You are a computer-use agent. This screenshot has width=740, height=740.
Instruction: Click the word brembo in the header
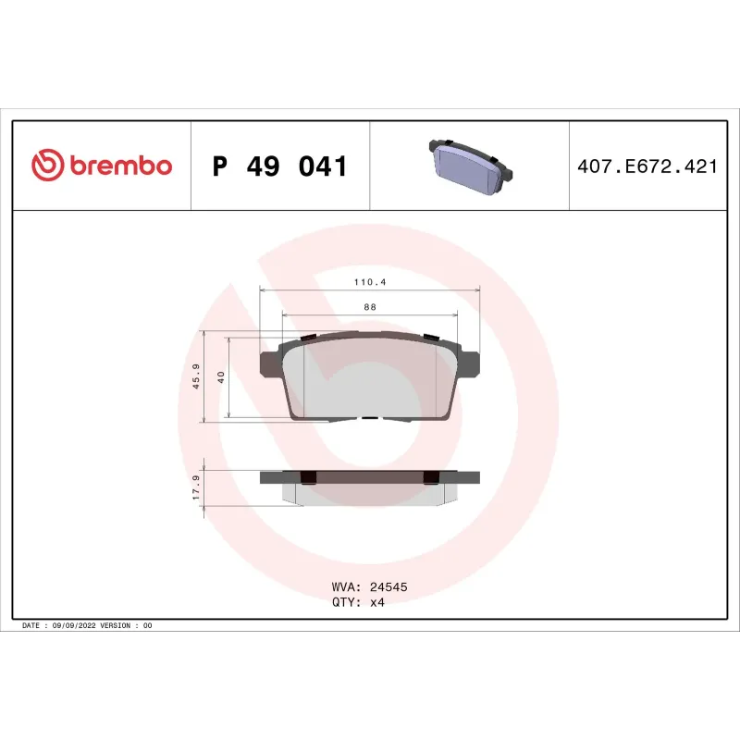click(118, 166)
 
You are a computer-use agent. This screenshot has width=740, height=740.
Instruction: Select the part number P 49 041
click(279, 166)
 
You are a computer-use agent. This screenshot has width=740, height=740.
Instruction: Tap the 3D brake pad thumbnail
click(469, 166)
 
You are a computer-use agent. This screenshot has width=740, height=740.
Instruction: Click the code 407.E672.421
click(647, 166)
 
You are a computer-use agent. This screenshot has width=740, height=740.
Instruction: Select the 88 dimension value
click(369, 306)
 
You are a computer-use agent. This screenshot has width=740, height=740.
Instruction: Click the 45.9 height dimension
click(195, 376)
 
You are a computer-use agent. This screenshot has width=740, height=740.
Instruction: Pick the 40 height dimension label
click(220, 377)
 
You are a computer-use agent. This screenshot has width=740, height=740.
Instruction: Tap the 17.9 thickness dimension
click(195, 488)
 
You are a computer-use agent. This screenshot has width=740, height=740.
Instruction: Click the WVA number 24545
click(388, 586)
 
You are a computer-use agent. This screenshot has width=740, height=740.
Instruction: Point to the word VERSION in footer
click(115, 626)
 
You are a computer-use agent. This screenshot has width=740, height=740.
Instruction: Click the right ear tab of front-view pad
click(470, 361)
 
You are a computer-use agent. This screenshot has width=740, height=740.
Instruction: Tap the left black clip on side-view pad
click(309, 477)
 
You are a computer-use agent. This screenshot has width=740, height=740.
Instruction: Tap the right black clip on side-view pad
click(429, 477)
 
